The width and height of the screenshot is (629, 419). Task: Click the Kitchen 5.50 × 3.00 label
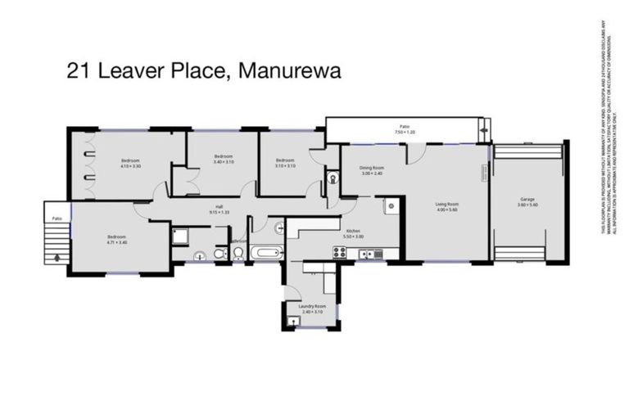353,233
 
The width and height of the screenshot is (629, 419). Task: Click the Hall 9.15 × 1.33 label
219,209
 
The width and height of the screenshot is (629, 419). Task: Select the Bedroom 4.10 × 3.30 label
131,163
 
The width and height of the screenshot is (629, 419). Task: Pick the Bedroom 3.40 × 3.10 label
224,159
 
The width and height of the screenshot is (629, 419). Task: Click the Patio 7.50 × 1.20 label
405,128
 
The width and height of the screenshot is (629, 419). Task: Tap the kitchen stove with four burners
337,253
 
